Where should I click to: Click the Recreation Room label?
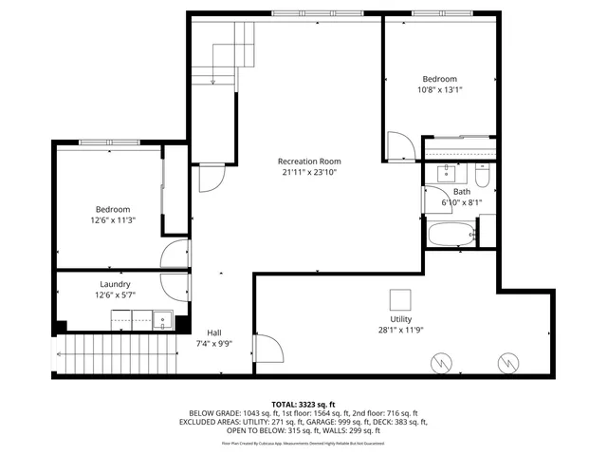click(309, 161)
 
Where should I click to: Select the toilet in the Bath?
click(482, 177)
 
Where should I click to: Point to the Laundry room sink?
click(162, 321)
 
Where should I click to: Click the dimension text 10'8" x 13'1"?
click(439, 91)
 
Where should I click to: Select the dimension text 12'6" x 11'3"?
click(112, 220)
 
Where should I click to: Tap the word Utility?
click(400, 319)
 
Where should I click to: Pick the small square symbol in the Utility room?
click(400, 295)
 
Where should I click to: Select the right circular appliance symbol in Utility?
click(506, 362)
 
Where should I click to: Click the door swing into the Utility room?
click(267, 348)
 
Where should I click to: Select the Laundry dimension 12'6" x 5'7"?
click(115, 295)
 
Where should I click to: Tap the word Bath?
click(461, 191)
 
